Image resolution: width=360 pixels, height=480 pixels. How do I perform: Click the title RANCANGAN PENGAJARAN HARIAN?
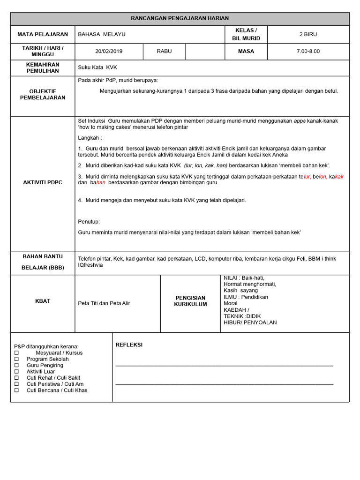(180, 18)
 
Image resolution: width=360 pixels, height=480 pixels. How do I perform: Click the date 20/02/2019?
(108, 51)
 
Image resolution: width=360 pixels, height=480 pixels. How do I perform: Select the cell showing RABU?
(164, 51)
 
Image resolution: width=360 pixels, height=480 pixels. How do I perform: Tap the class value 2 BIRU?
(308, 34)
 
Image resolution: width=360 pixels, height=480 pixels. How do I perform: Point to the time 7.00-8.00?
(308, 51)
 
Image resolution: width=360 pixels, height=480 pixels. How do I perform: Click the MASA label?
(246, 51)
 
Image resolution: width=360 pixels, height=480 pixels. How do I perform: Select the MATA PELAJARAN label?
(43, 34)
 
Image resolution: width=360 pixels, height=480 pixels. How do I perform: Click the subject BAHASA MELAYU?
(102, 34)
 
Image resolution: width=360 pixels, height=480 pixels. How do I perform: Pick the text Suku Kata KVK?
(97, 67)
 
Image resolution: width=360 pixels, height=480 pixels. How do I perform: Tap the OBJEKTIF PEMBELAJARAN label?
(43, 94)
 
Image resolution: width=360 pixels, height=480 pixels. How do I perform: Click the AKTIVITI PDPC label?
(43, 182)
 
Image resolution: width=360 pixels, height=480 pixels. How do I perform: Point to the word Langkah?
(89, 138)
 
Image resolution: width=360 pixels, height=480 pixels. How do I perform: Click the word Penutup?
(89, 222)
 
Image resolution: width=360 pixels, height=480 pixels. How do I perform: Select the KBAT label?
(43, 301)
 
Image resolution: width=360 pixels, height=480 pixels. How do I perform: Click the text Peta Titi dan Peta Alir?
(104, 303)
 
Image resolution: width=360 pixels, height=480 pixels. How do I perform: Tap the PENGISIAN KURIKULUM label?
(190, 301)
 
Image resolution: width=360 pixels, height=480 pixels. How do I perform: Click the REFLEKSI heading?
(129, 345)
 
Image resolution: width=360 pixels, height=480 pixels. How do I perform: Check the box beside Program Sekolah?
(16, 359)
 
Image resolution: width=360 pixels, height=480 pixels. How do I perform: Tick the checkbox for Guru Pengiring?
(16, 365)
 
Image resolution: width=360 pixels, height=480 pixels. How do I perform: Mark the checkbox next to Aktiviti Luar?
(16, 371)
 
